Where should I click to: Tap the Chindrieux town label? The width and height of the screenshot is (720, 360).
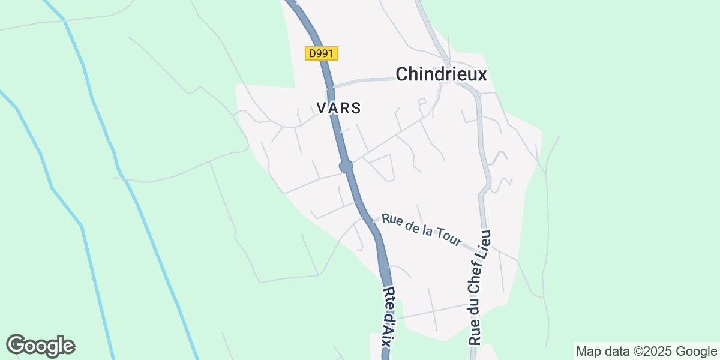(441, 74)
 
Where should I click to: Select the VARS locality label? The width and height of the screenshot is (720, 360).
(338, 109)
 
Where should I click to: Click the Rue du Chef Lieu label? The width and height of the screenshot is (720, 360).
(481, 287)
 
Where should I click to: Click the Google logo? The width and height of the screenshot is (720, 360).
(40, 346)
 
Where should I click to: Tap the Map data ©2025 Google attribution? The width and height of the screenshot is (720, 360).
(646, 352)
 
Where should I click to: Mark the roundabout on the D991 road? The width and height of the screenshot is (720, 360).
(345, 166)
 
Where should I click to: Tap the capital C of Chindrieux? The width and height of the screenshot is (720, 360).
(403, 74)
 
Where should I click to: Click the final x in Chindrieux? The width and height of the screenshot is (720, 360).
(481, 74)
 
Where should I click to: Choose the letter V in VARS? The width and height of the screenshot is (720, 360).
(321, 109)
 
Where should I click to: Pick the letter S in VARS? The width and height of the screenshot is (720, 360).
(356, 109)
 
